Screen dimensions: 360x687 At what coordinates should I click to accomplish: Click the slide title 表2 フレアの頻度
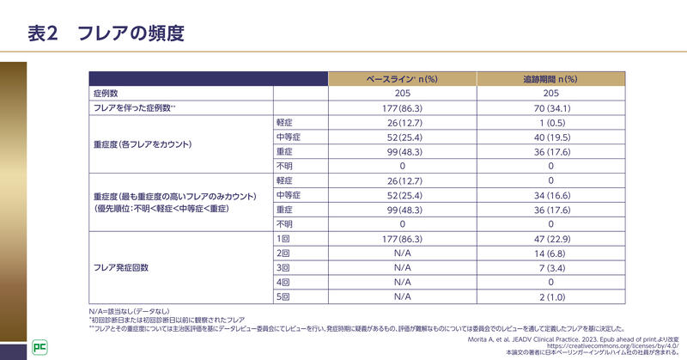(x=106, y=34)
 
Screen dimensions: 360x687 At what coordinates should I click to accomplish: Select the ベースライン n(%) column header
(x=403, y=78)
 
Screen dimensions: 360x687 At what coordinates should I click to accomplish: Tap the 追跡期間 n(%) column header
(x=550, y=78)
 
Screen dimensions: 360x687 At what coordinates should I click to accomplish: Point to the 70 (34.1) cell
(x=550, y=107)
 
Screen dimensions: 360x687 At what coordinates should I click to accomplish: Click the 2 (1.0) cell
(x=550, y=296)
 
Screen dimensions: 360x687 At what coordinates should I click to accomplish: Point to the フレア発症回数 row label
(x=121, y=267)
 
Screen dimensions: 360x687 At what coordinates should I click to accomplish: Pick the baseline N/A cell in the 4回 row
(x=403, y=282)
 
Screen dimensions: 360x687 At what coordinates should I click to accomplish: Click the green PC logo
(x=39, y=346)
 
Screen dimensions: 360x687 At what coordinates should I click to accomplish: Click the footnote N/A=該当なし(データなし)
(x=129, y=310)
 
